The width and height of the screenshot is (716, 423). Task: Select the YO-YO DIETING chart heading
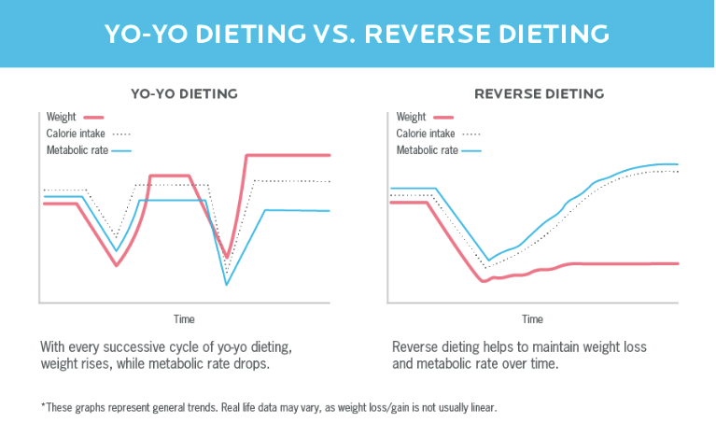[183, 94]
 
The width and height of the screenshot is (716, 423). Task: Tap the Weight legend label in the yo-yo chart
[61, 117]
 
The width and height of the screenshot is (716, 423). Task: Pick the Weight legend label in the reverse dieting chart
[411, 117]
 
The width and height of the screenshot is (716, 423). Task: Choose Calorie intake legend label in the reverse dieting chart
[425, 134]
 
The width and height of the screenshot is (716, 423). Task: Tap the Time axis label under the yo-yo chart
[184, 319]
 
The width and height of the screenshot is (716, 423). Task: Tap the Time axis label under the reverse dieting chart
[532, 319]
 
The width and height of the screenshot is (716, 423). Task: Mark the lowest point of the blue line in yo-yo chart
[226, 284]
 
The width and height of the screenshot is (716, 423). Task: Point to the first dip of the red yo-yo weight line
[117, 266]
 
